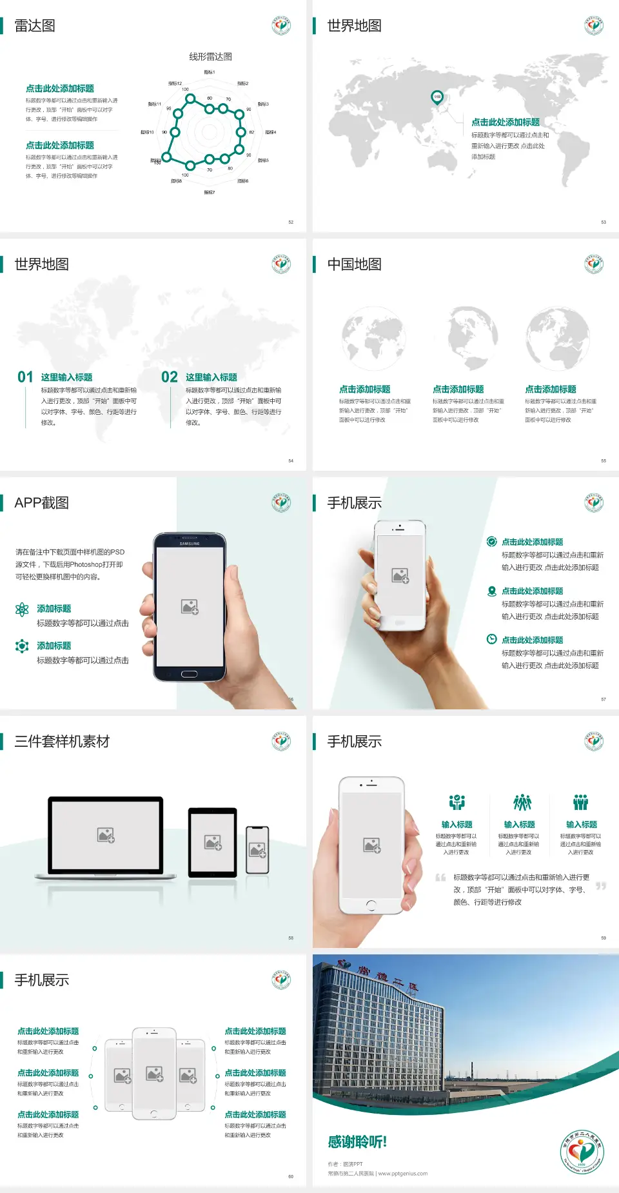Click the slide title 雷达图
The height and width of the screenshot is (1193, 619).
[35, 26]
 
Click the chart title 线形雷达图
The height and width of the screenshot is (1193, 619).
[210, 57]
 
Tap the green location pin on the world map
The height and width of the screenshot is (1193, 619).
[437, 97]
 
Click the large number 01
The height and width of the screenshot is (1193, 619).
[25, 377]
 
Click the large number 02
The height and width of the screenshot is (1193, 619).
[170, 377]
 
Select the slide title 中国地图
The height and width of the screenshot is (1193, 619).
[354, 264]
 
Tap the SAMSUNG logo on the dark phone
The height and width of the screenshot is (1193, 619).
[190, 544]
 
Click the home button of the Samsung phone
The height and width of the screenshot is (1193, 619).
[189, 674]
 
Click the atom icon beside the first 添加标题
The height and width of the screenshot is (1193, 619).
[22, 609]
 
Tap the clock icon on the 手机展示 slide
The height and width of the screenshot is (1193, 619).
[491, 639]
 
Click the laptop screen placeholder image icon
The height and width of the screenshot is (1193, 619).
[106, 835]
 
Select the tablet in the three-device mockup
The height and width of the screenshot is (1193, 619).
[213, 842]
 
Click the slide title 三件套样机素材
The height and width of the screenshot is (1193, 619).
[62, 742]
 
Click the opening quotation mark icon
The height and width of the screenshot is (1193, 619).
[440, 878]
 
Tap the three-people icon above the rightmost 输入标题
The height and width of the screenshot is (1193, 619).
[581, 802]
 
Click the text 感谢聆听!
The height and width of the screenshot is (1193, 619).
[357, 1142]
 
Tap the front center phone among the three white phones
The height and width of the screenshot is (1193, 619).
[154, 1074]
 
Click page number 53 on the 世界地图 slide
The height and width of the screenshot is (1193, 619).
[604, 222]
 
